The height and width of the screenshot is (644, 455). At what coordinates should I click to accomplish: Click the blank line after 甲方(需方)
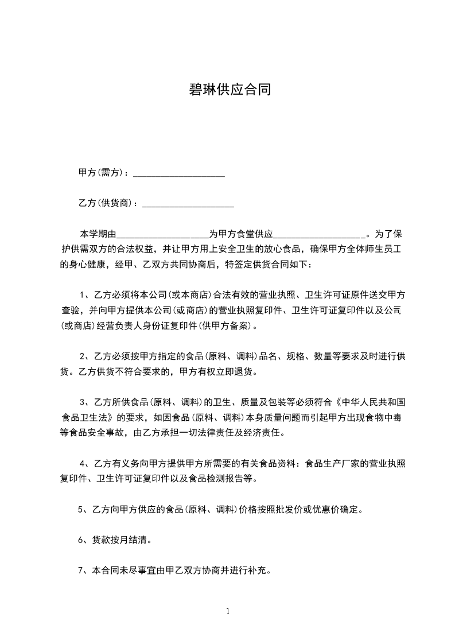point(178,173)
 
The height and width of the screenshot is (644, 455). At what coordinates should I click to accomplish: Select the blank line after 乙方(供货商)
point(188,203)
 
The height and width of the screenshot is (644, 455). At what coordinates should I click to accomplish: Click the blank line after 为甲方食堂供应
point(319,234)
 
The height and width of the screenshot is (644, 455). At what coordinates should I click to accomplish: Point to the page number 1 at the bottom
point(228,611)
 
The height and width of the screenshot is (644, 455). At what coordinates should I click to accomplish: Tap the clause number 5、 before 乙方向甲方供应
point(82,509)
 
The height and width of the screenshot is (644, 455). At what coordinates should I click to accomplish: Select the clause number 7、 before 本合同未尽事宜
point(82,571)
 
